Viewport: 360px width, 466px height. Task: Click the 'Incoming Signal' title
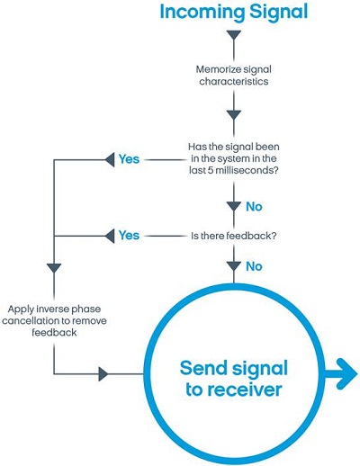click(x=234, y=13)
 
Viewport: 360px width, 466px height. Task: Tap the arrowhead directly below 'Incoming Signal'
click(x=234, y=35)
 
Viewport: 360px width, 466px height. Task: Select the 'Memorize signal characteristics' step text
click(x=234, y=76)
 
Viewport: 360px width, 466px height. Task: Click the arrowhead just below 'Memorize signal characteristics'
click(x=234, y=115)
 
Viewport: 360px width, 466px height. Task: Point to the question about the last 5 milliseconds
click(x=234, y=158)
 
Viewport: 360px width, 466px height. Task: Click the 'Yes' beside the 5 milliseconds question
click(x=129, y=159)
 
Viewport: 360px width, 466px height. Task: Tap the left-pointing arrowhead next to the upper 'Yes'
click(x=110, y=159)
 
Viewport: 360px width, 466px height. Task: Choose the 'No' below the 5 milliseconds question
click(x=254, y=207)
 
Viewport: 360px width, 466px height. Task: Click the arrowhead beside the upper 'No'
click(x=234, y=207)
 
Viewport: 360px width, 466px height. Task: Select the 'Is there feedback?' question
click(x=234, y=236)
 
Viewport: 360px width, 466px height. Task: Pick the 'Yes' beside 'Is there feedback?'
click(x=129, y=236)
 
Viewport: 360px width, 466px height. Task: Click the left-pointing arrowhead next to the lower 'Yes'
click(x=110, y=236)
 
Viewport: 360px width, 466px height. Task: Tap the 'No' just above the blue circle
click(x=254, y=266)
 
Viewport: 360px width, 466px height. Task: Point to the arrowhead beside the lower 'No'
click(x=234, y=266)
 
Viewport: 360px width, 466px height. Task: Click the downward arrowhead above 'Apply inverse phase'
click(x=54, y=268)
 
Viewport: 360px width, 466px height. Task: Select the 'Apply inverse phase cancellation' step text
click(x=54, y=320)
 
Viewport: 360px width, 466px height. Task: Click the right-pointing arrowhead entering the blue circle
click(x=103, y=374)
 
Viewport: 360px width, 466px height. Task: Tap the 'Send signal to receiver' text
click(x=234, y=379)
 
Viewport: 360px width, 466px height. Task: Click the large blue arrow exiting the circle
click(x=340, y=374)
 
